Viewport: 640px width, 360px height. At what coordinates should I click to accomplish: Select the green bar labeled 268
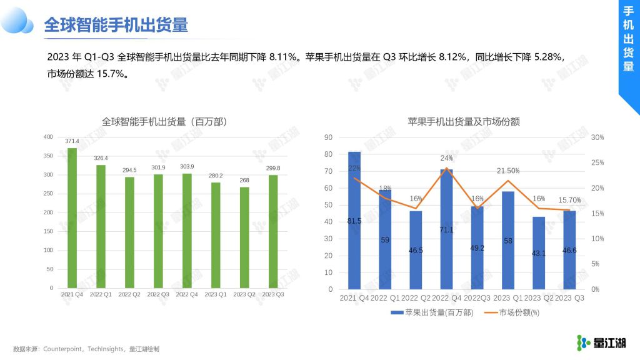point(245,237)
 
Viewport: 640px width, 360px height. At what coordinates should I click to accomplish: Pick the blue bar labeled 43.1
point(538,253)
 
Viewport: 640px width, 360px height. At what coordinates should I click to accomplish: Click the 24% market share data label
point(446,158)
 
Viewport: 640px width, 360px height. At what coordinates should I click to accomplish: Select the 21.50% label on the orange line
point(507,171)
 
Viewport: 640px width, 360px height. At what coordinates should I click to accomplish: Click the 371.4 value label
point(72,142)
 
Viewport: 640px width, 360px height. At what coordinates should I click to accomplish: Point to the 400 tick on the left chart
point(48,137)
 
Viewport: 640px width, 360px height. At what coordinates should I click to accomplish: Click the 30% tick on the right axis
point(597,137)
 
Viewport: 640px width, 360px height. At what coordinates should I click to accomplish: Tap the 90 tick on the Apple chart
point(329,137)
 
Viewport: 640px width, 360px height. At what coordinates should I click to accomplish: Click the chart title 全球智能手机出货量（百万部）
point(164,122)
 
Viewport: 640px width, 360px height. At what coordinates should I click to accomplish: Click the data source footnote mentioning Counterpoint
point(86,349)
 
